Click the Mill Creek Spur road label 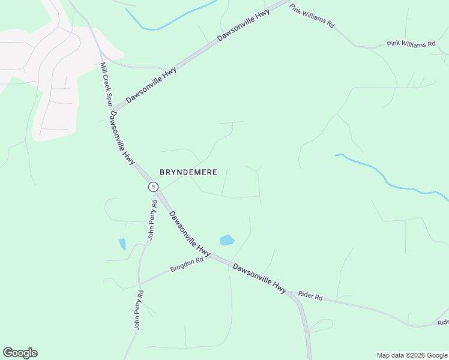(x=106, y=84)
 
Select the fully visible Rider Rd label (x=310, y=296)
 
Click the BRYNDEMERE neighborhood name (x=188, y=172)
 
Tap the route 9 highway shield (x=154, y=187)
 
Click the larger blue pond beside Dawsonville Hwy (x=227, y=241)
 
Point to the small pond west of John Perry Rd (x=122, y=244)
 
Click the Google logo (x=20, y=353)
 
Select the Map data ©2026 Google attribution (x=412, y=355)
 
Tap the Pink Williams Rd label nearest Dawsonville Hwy (x=312, y=16)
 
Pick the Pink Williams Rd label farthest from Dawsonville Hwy (x=411, y=44)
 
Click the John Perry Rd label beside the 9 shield (x=152, y=220)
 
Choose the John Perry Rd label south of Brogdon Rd (x=139, y=310)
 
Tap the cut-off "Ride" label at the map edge (x=443, y=322)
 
